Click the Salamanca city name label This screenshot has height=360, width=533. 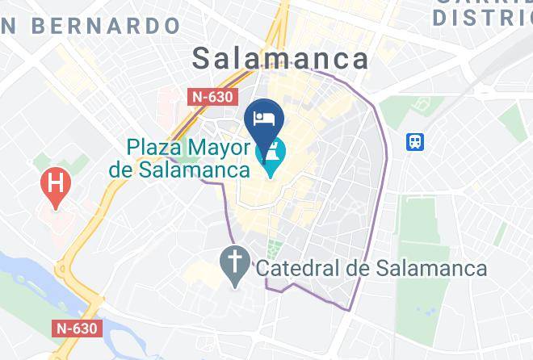point(280,58)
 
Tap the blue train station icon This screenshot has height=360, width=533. point(416,142)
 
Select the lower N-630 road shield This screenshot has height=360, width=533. point(78,329)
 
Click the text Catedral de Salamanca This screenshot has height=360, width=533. point(371,268)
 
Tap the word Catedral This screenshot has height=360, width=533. point(303,268)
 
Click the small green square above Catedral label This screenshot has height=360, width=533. point(275,247)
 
